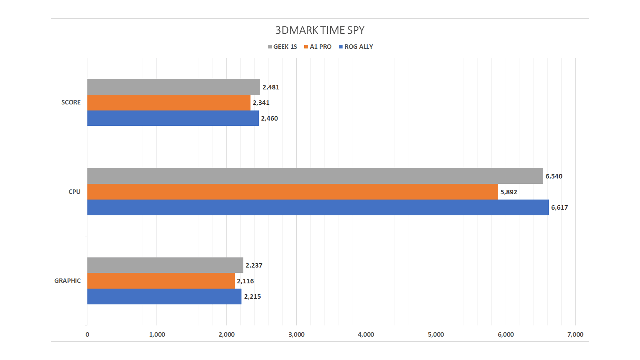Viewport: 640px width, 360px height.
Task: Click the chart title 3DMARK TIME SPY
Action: [x=320, y=30]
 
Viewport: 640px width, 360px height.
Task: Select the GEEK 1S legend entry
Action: [x=282, y=47]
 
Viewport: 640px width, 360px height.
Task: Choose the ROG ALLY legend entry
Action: [x=356, y=47]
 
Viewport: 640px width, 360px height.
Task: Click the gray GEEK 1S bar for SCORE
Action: [x=173, y=87]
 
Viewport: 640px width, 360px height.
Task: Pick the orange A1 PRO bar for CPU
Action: [x=292, y=192]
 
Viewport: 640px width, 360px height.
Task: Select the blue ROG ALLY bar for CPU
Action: [x=318, y=207]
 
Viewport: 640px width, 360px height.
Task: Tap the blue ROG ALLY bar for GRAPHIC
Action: [x=164, y=296]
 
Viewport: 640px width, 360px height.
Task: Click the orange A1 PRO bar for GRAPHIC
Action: [x=161, y=281]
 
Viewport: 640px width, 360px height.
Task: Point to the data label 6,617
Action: [x=559, y=207]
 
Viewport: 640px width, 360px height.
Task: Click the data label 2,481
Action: [x=271, y=87]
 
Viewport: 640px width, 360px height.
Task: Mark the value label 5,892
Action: [x=509, y=192]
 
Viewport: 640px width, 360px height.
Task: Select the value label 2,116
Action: [x=245, y=281]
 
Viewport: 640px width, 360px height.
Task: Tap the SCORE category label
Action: [x=71, y=102]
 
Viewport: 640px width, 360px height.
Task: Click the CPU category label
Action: [x=74, y=192]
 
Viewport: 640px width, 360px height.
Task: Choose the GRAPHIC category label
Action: [x=67, y=281]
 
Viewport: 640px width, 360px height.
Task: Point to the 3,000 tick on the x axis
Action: [x=296, y=334]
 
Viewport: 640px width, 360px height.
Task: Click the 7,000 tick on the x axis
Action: [x=575, y=334]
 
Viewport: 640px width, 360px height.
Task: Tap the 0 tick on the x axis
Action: [x=87, y=334]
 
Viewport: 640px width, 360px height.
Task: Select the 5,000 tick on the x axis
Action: [x=436, y=334]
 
